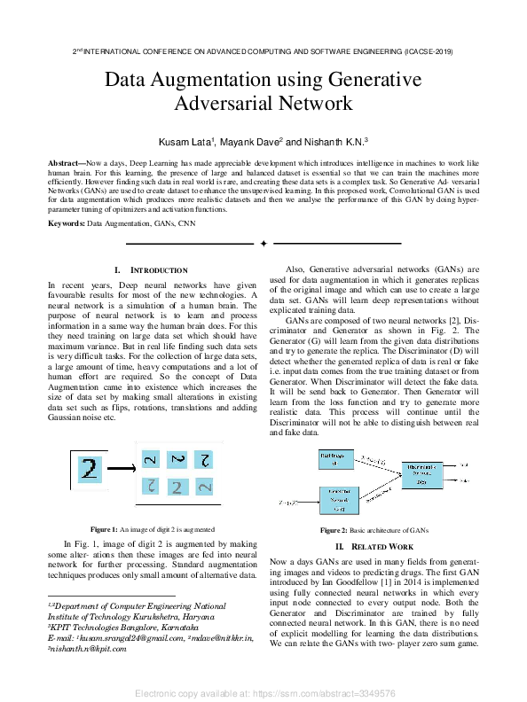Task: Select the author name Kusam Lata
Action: click(x=185, y=142)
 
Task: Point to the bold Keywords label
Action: click(x=66, y=222)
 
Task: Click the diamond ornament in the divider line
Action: click(x=263, y=243)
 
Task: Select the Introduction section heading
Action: click(x=151, y=269)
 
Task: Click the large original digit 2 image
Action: click(x=90, y=468)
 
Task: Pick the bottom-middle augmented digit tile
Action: click(x=177, y=487)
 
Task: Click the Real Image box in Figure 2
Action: click(x=334, y=459)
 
